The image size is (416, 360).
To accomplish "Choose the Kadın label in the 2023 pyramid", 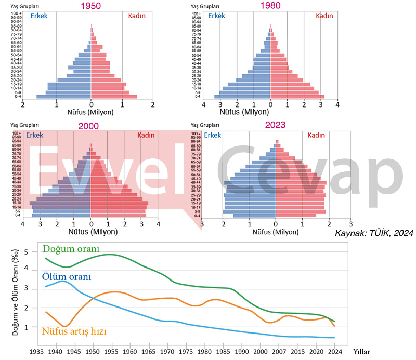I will click(x=316, y=135).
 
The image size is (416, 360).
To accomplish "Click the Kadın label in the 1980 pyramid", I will click(x=324, y=16).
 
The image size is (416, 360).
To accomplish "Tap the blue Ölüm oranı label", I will click(x=67, y=277).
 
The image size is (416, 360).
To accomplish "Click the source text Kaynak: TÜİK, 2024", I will click(x=374, y=234).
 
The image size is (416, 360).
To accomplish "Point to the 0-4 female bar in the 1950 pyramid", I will click(x=114, y=96).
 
